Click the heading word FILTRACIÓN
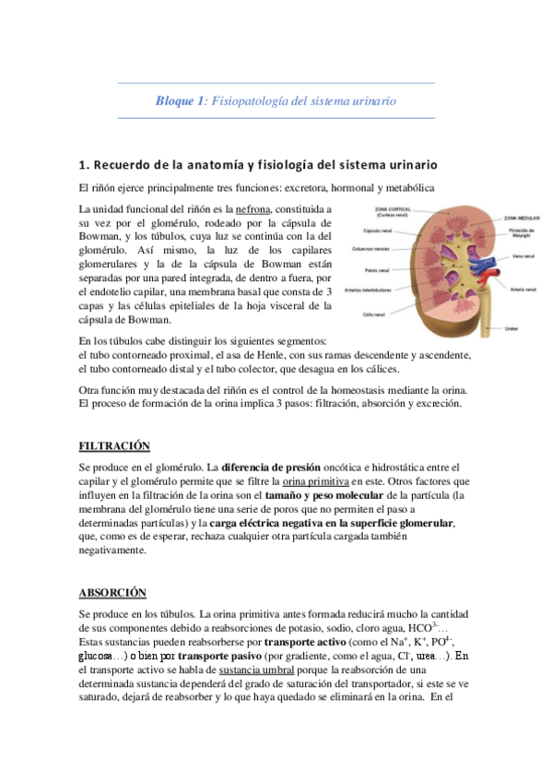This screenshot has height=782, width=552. point(114,446)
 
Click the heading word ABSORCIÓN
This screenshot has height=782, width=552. point(112,592)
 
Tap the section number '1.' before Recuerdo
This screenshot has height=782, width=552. point(85,165)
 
